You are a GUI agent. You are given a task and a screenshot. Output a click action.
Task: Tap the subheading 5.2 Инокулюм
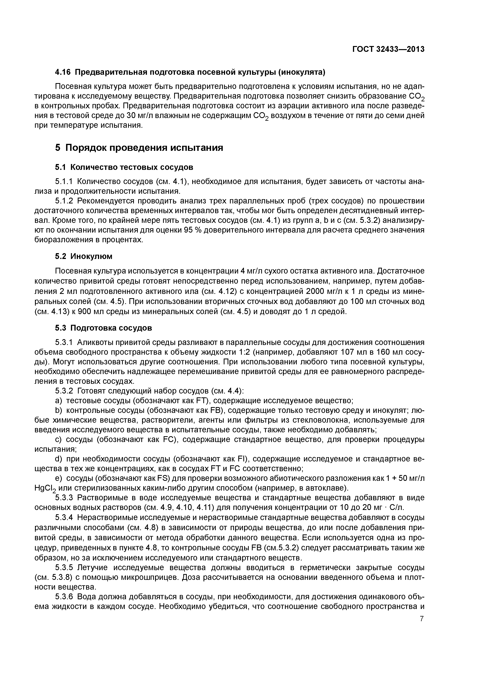84,256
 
